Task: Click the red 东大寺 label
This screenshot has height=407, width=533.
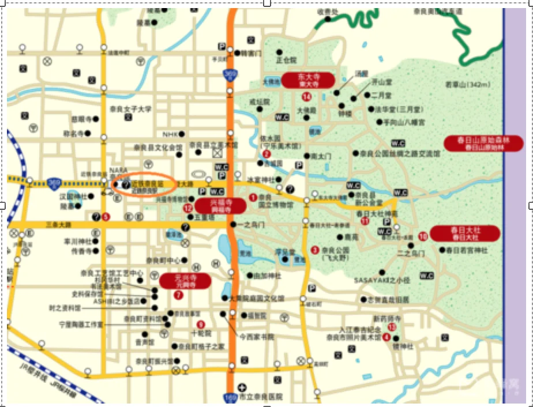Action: (x=307, y=80)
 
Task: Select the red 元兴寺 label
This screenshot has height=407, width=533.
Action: (x=185, y=281)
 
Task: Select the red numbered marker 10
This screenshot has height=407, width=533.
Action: (x=423, y=236)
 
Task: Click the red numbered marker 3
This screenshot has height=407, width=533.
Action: (x=315, y=250)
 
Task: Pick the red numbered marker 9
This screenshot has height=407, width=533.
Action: (x=201, y=324)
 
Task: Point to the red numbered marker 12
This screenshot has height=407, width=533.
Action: (x=187, y=208)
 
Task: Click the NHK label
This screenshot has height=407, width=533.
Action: (x=170, y=134)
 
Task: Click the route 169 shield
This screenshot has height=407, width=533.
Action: (x=230, y=397)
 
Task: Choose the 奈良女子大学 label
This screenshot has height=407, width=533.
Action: (x=131, y=108)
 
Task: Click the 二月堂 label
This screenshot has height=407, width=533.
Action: (x=381, y=95)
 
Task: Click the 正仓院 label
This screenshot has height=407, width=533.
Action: (x=286, y=59)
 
